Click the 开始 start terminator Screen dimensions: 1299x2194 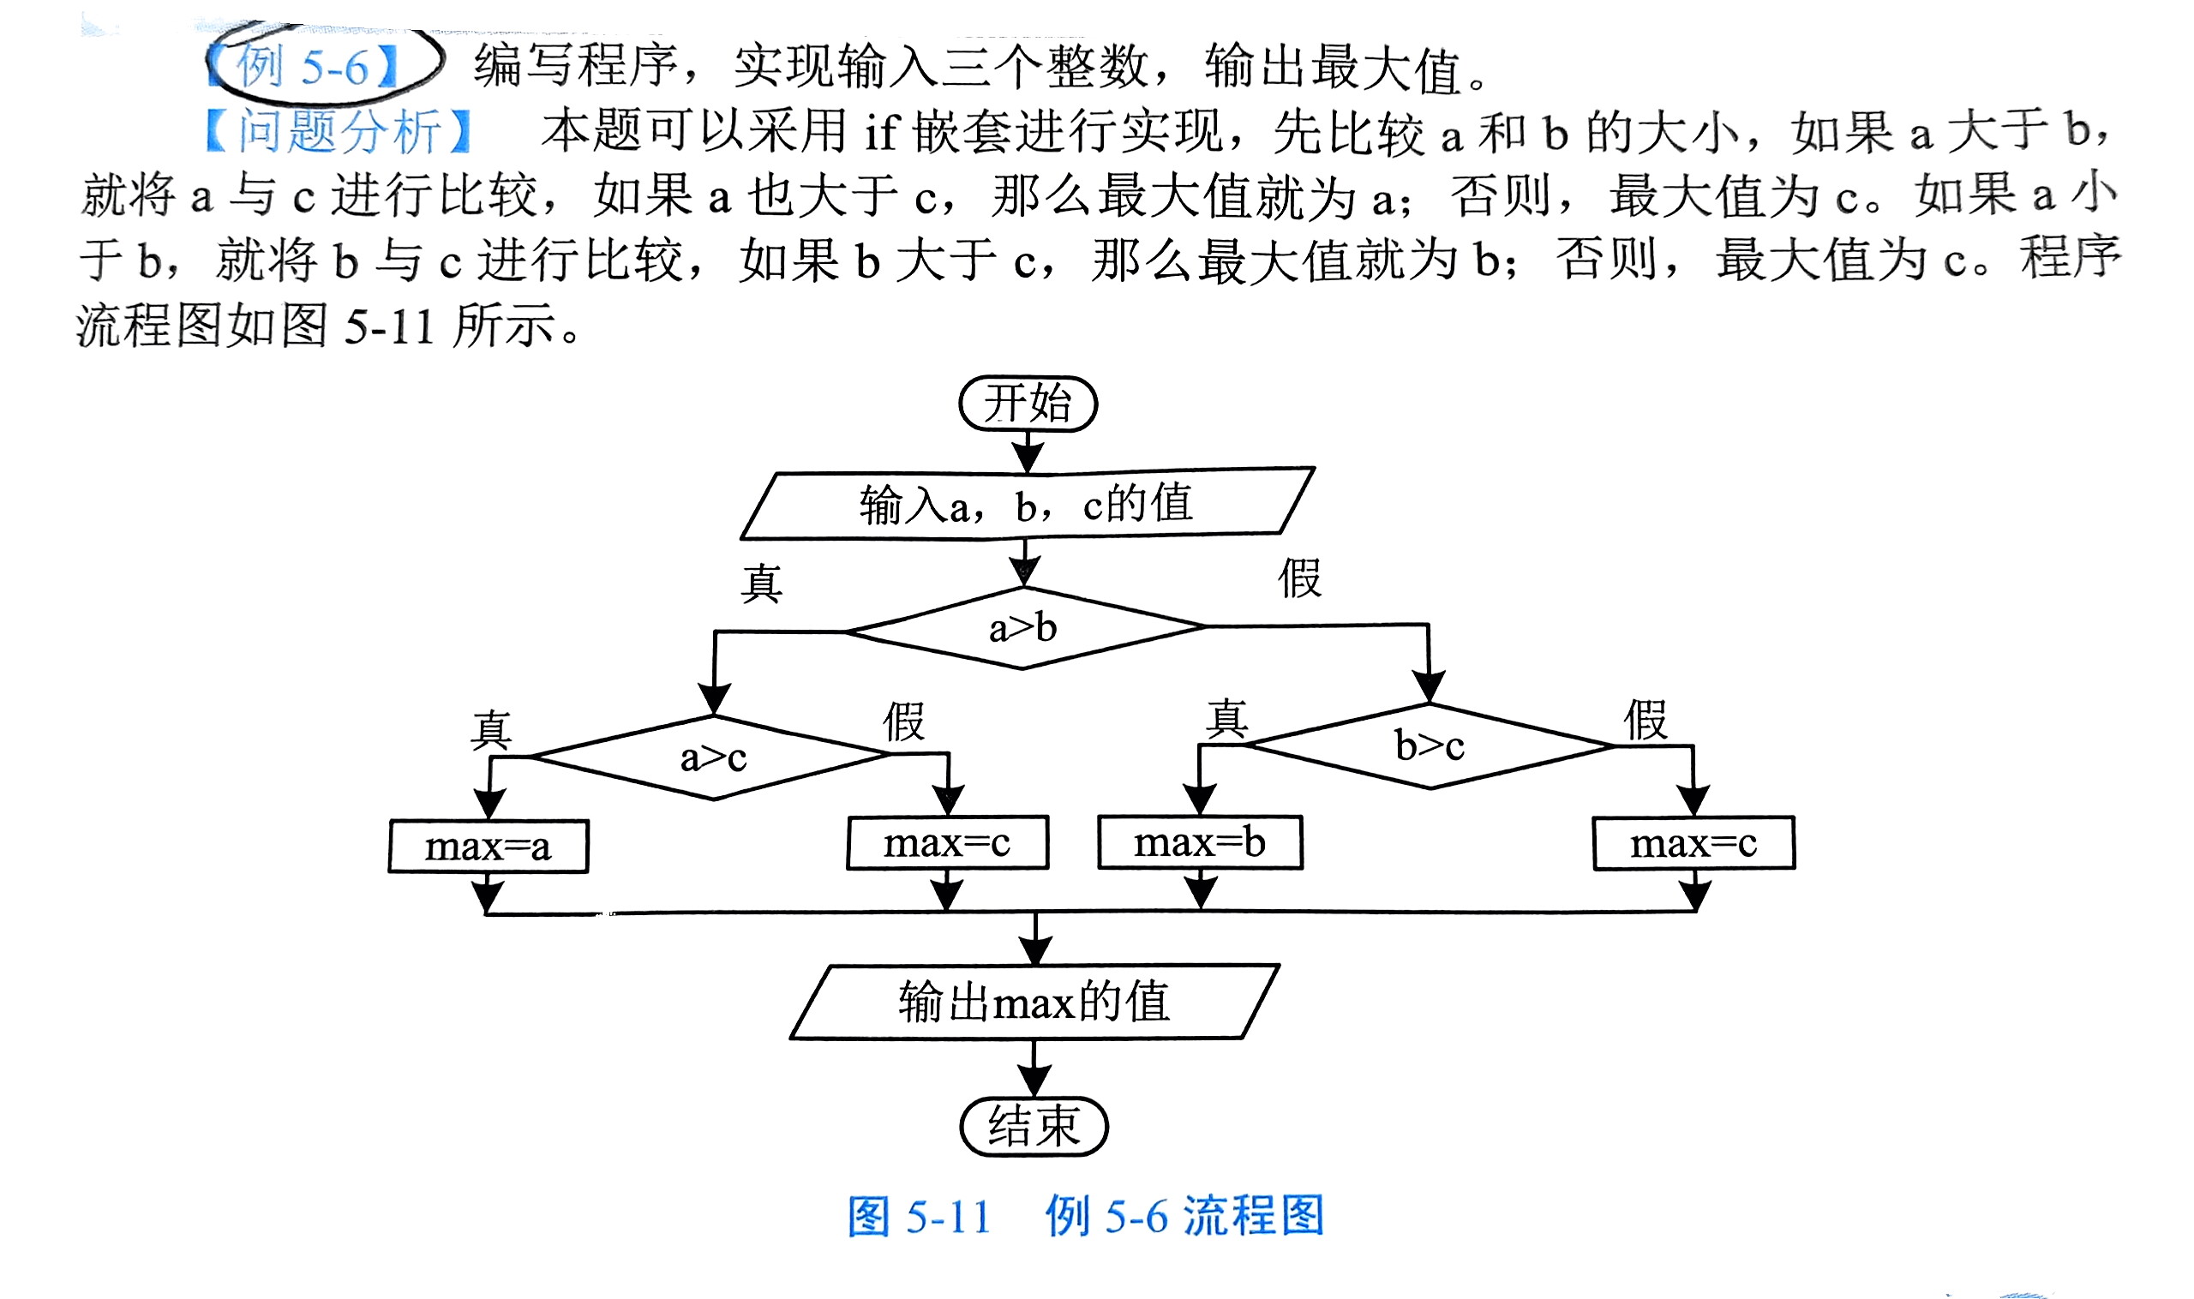click(x=1028, y=404)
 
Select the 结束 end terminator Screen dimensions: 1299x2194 click(x=1034, y=1127)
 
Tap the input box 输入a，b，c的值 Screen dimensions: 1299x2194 click(x=1026, y=504)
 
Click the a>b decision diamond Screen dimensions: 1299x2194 click(x=1023, y=627)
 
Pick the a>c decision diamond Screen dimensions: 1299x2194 click(x=714, y=757)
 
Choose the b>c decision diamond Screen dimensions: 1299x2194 click(x=1430, y=745)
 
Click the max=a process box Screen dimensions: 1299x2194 click(x=489, y=847)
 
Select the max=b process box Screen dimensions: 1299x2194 click(x=1201, y=842)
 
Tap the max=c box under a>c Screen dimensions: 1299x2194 click(x=947, y=843)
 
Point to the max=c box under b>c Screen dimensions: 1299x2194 click(x=1694, y=843)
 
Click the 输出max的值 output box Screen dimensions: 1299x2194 click(x=1034, y=1003)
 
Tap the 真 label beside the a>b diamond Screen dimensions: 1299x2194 click(x=761, y=583)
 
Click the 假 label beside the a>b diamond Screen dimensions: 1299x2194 click(x=1299, y=578)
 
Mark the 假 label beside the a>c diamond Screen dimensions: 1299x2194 click(x=903, y=722)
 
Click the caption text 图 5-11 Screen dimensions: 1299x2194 click(x=920, y=1217)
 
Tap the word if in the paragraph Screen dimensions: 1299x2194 click(x=883, y=132)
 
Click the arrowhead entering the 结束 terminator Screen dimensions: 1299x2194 click(x=1034, y=1084)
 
